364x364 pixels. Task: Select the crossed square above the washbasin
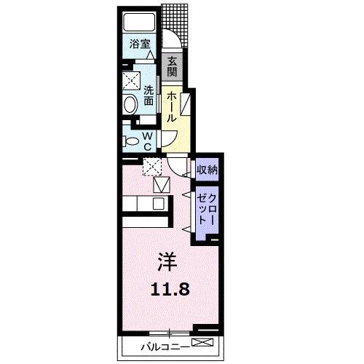point(130,79)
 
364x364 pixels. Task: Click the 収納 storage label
point(207,170)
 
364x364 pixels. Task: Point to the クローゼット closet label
point(206,208)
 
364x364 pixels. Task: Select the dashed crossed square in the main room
point(153,167)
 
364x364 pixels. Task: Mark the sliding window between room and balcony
point(169,333)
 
